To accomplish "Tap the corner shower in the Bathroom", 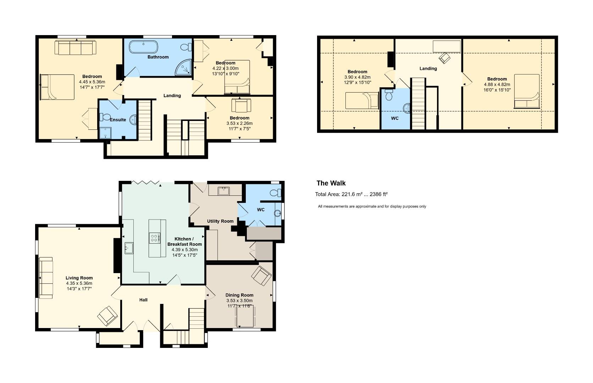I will [184, 68].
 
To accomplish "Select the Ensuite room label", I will [117, 120].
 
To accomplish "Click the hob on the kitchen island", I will [154, 238].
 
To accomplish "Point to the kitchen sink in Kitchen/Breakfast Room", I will [129, 248].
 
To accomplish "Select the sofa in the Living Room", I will [46, 278].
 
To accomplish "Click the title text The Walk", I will [331, 183].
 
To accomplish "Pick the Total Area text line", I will [351, 194].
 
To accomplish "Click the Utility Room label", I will [220, 221].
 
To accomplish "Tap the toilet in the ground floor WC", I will [275, 193].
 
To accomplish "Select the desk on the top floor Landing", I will [447, 46].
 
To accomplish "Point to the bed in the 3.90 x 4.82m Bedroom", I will [362, 100].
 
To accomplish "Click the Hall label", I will [143, 300].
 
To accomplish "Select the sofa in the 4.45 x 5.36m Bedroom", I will [75, 48].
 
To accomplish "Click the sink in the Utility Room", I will [224, 191].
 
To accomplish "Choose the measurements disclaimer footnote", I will [372, 206].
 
